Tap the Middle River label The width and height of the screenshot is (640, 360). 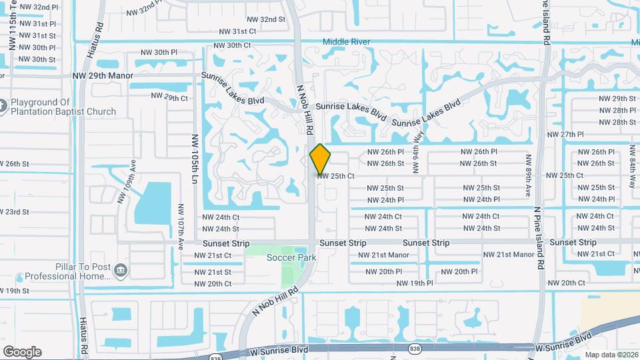[346, 42]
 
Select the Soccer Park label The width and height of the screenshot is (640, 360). [291, 257]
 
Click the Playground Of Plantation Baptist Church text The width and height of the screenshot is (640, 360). [63, 107]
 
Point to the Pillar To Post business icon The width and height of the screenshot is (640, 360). [121, 270]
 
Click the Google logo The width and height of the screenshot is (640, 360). [22, 352]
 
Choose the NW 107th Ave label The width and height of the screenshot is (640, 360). [181, 227]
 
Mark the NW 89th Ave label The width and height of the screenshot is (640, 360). [528, 175]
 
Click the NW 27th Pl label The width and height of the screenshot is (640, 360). [565, 135]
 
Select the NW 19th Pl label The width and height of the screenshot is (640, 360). [415, 283]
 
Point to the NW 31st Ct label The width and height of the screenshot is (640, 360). [238, 31]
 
